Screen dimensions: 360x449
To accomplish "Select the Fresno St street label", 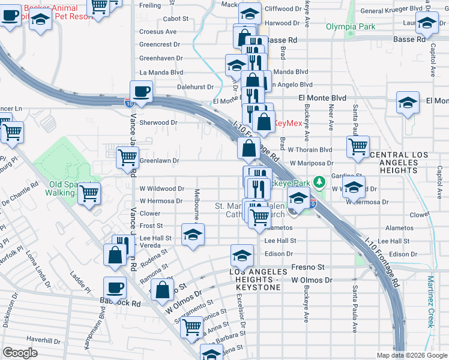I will [x=307, y=267].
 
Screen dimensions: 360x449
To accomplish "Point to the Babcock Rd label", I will [x=124, y=304].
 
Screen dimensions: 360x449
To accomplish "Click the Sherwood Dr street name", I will [x=158, y=122].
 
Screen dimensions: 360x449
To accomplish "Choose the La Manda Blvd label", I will [x=161, y=72].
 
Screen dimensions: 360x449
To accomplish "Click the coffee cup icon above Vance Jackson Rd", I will [x=141, y=91].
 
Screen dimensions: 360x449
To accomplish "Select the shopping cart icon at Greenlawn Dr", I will [x=127, y=157].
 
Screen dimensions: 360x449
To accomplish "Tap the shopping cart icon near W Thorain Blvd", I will [x=358, y=145].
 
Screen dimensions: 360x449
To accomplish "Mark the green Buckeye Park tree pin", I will [x=321, y=180].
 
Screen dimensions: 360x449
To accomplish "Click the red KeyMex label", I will [x=288, y=123].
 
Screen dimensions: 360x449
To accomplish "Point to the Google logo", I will [x=20, y=352].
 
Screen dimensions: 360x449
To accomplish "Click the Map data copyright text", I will [x=411, y=355].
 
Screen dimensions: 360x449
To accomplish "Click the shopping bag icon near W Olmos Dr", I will [x=162, y=290].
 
